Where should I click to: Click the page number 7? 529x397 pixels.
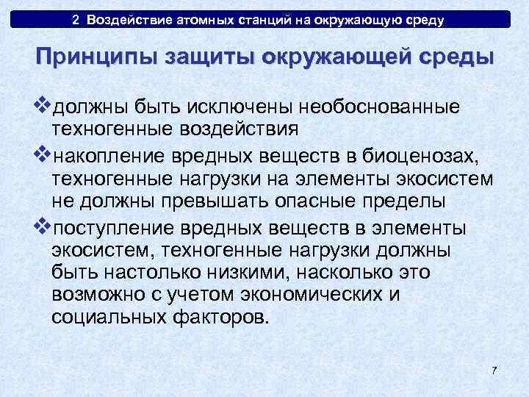click(494, 370)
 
